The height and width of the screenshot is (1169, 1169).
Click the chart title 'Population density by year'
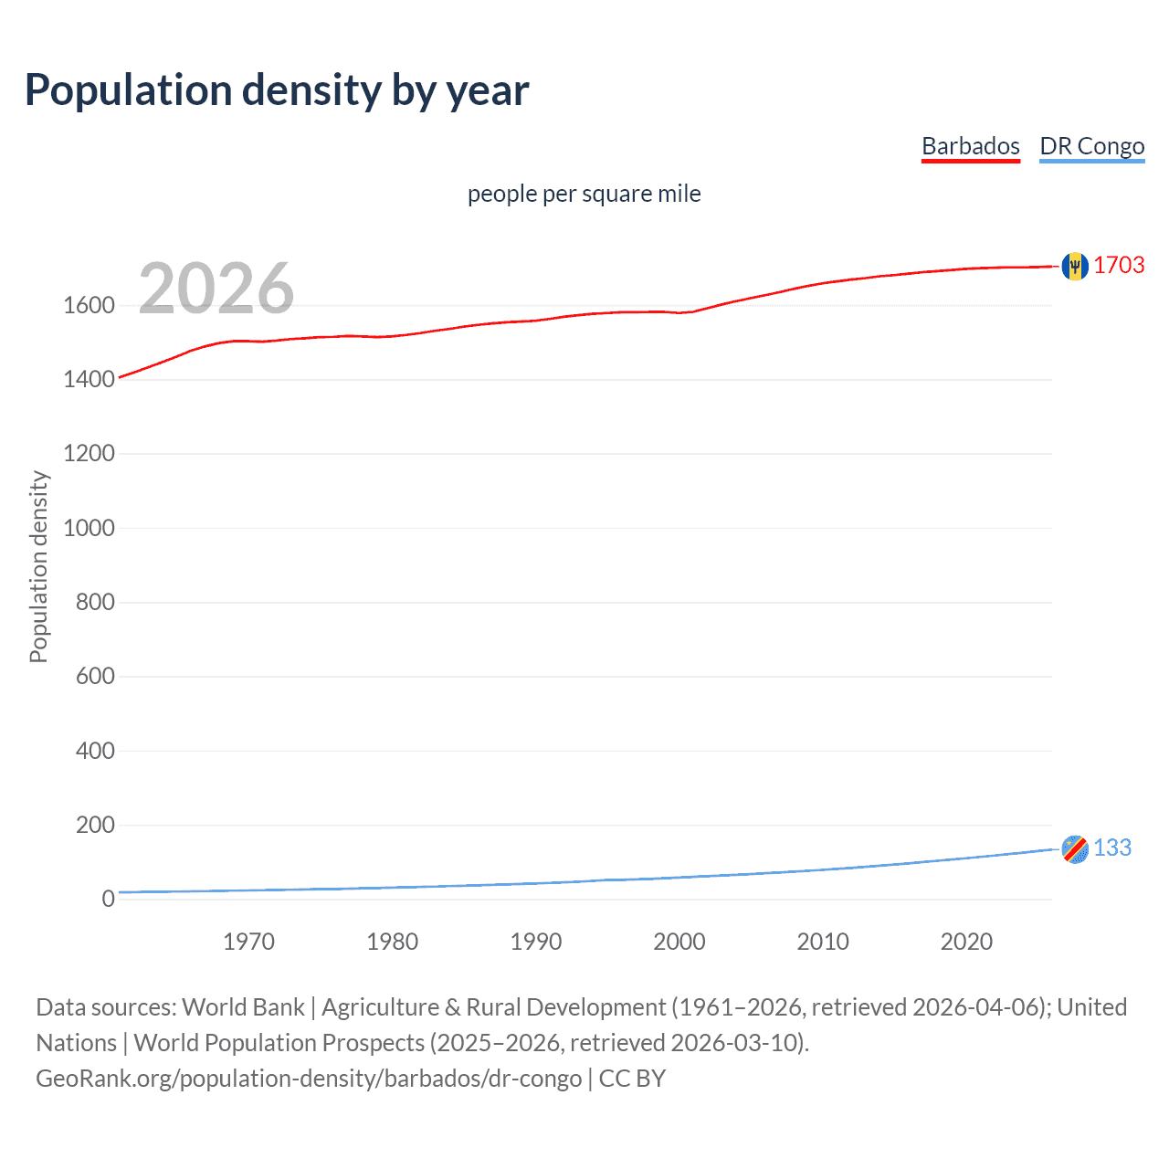pos(277,90)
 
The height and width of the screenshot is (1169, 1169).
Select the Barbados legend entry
pos(970,146)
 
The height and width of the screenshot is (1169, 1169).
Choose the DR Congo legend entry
pos(1091,146)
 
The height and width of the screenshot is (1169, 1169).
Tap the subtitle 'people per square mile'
pos(584,194)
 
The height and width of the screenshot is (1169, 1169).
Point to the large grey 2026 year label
pos(216,289)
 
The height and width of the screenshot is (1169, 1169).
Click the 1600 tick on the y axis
pos(89,305)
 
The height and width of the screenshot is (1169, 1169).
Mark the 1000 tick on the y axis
pos(89,528)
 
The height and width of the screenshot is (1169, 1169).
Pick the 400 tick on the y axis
pos(95,751)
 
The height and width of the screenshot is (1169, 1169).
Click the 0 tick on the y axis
pos(108,899)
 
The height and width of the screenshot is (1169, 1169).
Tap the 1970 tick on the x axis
pos(248,942)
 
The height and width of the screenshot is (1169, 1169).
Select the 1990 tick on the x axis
pos(536,942)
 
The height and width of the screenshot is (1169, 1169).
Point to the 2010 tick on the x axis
pos(823,942)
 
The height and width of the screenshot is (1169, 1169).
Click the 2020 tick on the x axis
pos(966,942)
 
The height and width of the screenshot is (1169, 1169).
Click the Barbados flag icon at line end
pos(1075,266)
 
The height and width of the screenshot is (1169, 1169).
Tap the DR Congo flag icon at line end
pos(1075,848)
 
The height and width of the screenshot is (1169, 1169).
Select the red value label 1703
pos(1119,265)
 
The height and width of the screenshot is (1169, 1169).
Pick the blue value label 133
pos(1112,848)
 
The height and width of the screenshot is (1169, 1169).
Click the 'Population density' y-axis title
pos(38,566)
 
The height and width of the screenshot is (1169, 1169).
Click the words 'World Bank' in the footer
pos(243,1007)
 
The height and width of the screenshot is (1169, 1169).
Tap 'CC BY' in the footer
pos(632,1079)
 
